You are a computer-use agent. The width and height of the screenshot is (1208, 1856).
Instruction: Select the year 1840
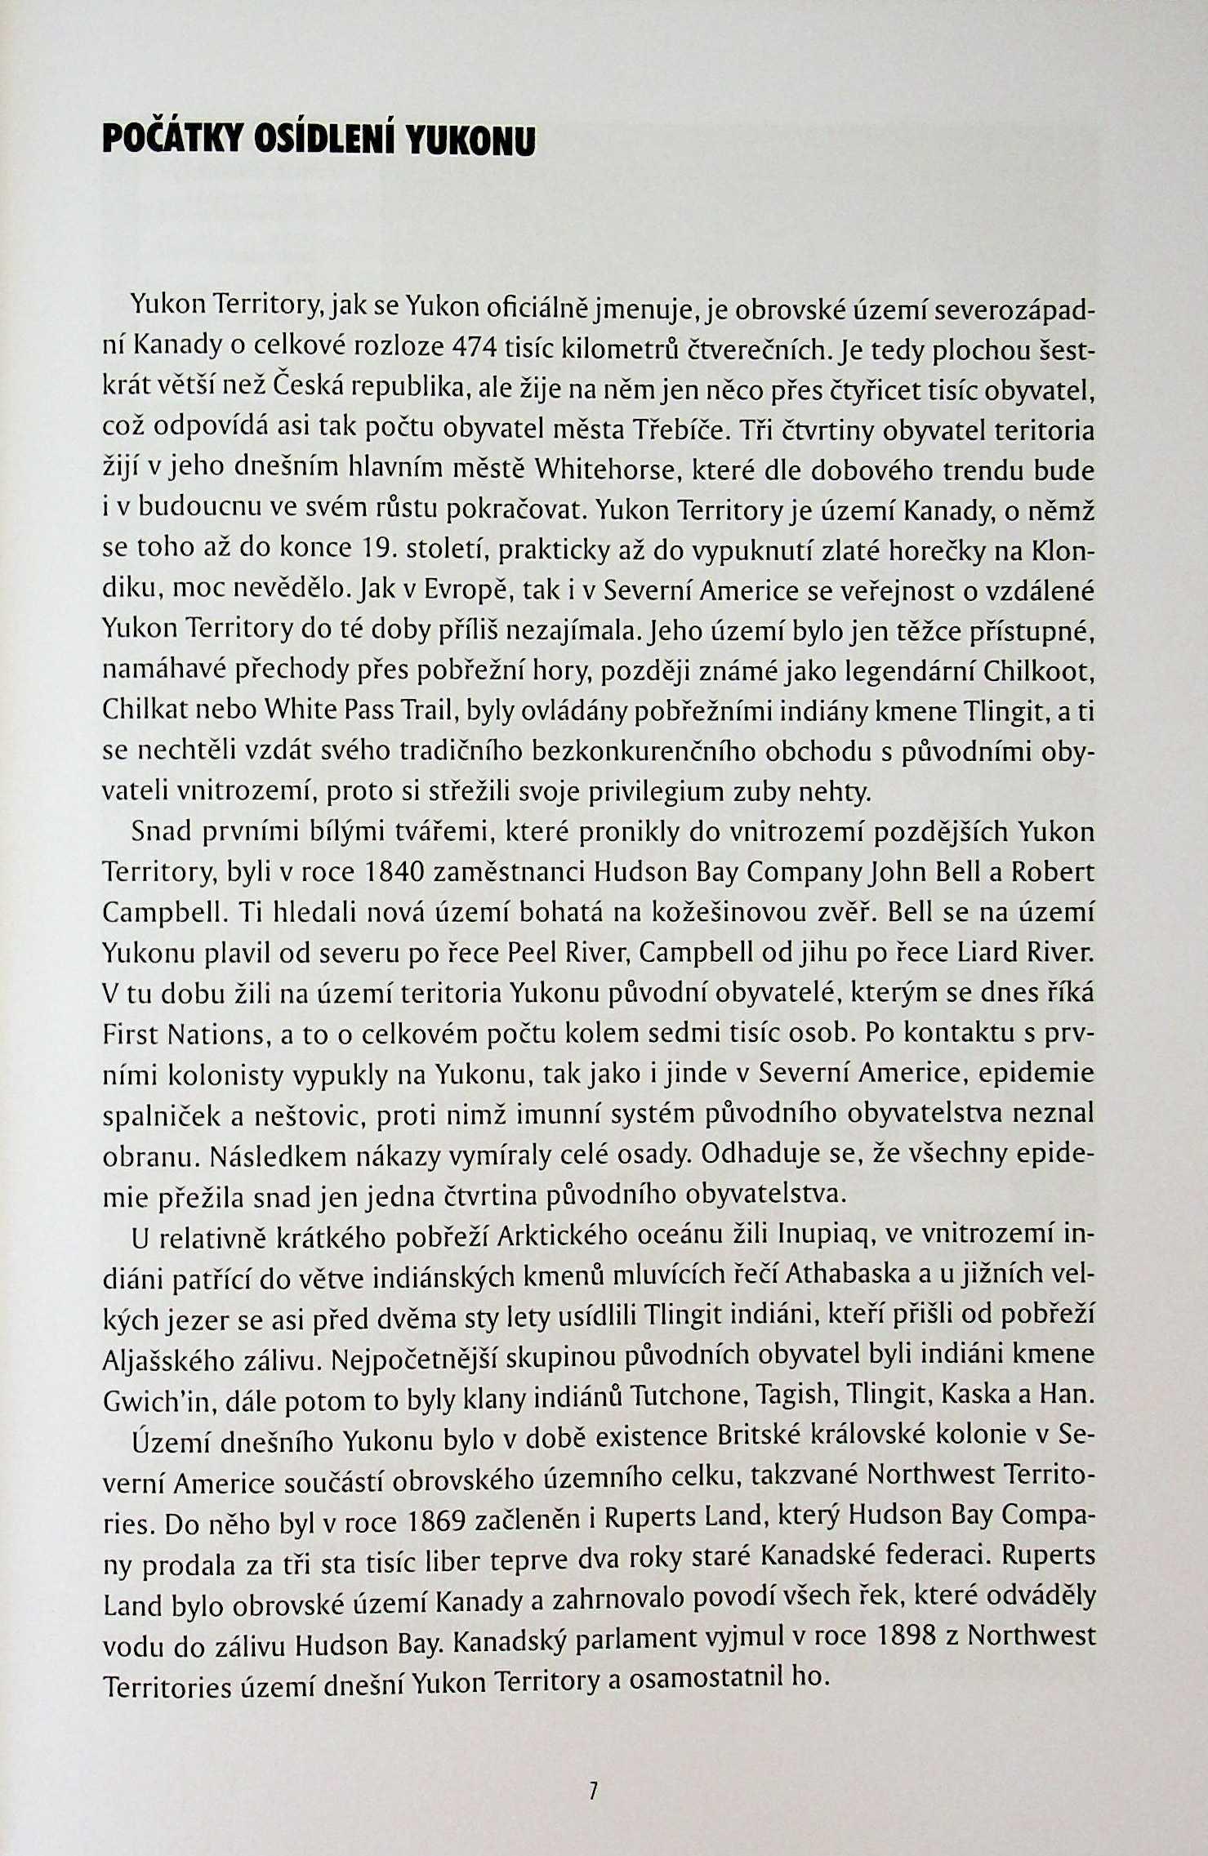click(390, 872)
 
